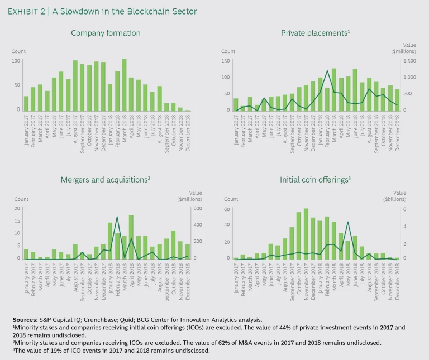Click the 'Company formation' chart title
[106, 33]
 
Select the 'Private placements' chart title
[315, 33]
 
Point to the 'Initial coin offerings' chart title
[314, 180]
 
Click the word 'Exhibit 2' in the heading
[28, 11]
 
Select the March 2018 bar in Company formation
[124, 85]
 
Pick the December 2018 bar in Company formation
[187, 111]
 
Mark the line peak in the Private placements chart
[327, 55]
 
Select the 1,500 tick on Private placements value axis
[409, 61]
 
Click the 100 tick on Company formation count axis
[16, 61]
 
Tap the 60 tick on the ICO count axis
[227, 209]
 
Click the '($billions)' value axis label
[411, 199]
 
